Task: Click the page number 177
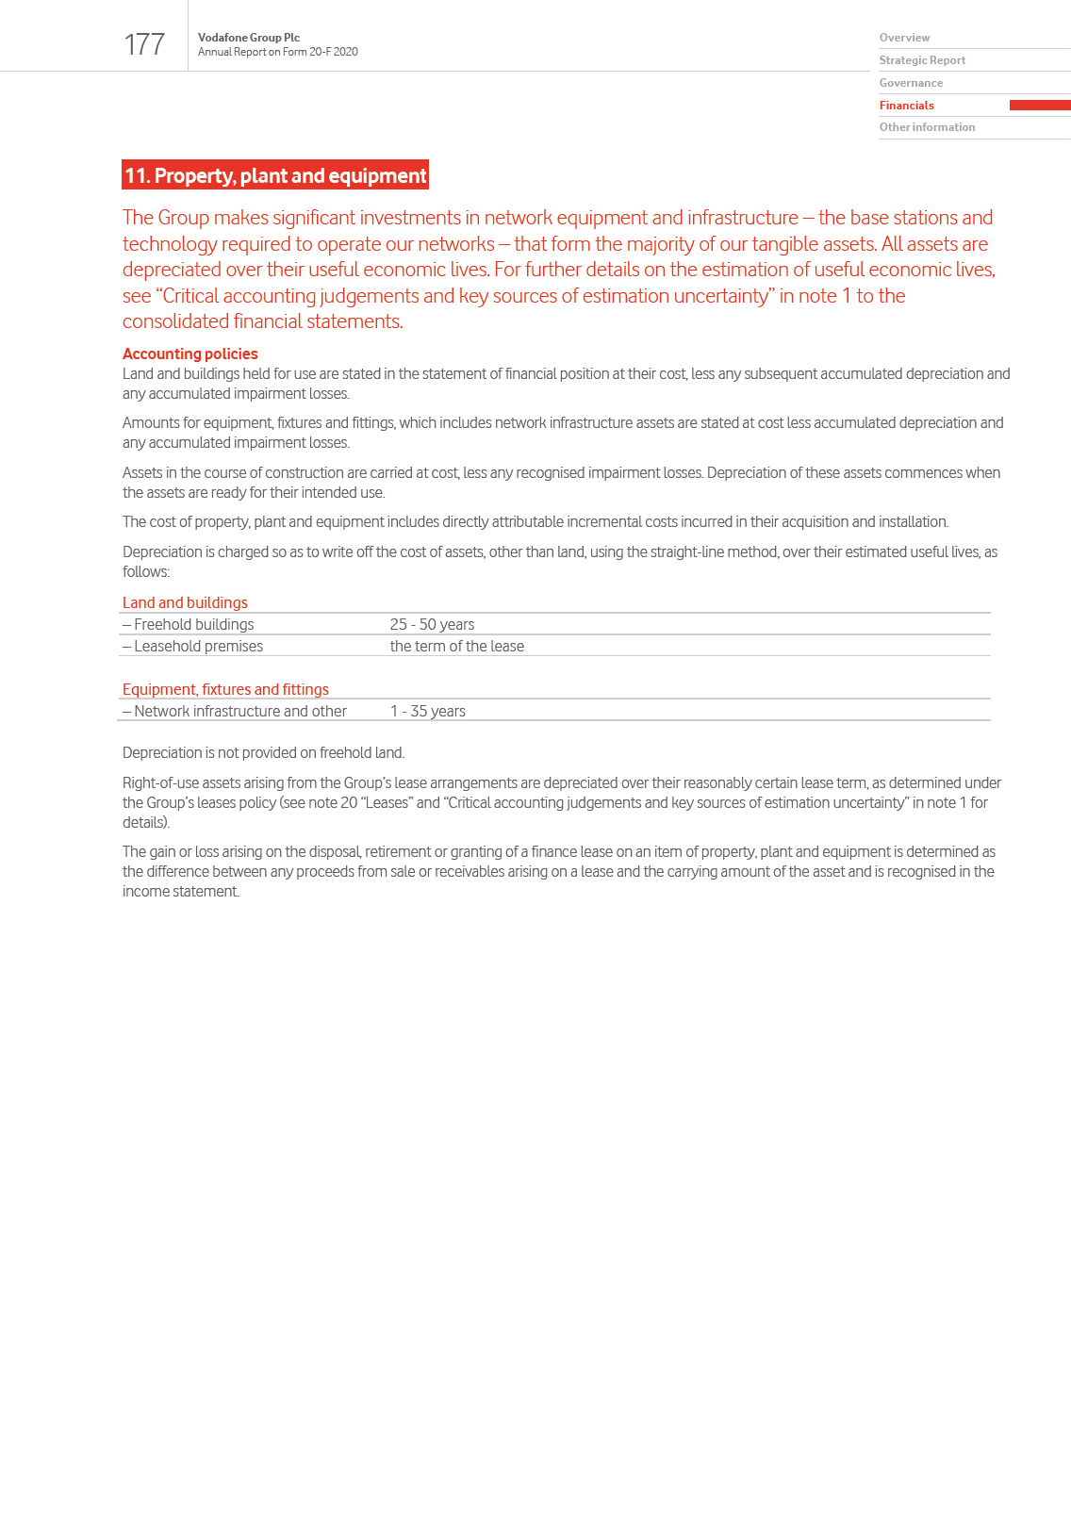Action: tap(144, 44)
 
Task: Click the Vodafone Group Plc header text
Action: tap(249, 38)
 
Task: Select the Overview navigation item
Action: tap(904, 38)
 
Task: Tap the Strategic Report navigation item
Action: tap(922, 60)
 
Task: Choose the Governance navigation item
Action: tap(911, 83)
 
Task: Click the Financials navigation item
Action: tap(907, 106)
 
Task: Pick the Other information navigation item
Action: tap(927, 127)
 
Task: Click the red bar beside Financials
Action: tap(1039, 106)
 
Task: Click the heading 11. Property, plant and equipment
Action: tap(275, 175)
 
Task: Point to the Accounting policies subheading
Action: tap(190, 354)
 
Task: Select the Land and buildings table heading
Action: tap(185, 602)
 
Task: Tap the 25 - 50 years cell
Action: tap(432, 624)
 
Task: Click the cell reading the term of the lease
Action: tap(456, 646)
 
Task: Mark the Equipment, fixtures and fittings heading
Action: tap(225, 689)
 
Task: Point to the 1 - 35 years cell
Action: tap(427, 711)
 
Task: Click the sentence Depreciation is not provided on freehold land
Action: tap(263, 752)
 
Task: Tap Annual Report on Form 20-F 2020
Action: tap(277, 52)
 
